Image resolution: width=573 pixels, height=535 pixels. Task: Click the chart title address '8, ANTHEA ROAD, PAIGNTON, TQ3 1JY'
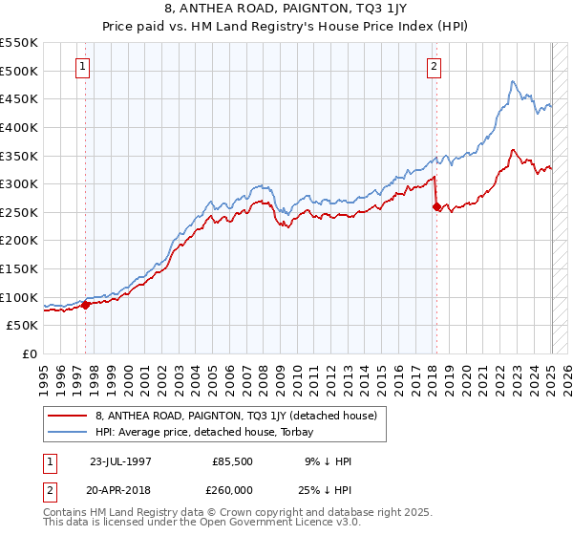click(x=286, y=10)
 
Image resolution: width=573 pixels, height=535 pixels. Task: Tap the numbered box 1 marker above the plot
click(x=84, y=67)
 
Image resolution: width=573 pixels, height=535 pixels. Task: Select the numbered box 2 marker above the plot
click(x=435, y=67)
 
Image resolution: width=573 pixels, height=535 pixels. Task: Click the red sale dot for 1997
click(x=86, y=305)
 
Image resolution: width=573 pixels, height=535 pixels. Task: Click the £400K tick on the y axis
click(x=20, y=127)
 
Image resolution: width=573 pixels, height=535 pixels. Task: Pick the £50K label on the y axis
click(x=24, y=326)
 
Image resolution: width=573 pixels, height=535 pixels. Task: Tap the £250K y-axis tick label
click(x=20, y=212)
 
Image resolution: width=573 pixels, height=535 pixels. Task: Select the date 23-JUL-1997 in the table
click(x=119, y=460)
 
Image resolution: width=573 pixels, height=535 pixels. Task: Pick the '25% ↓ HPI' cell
click(x=327, y=489)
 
